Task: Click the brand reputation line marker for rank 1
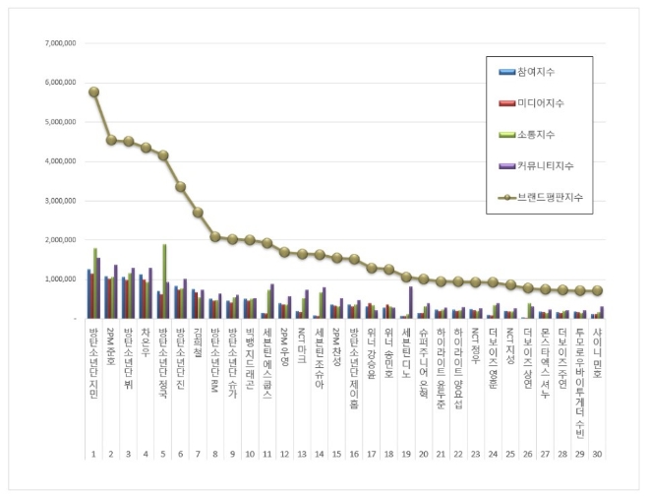tap(93, 92)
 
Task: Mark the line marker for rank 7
tap(198, 212)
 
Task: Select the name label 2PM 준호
tap(110, 345)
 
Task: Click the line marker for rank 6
tap(180, 186)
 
